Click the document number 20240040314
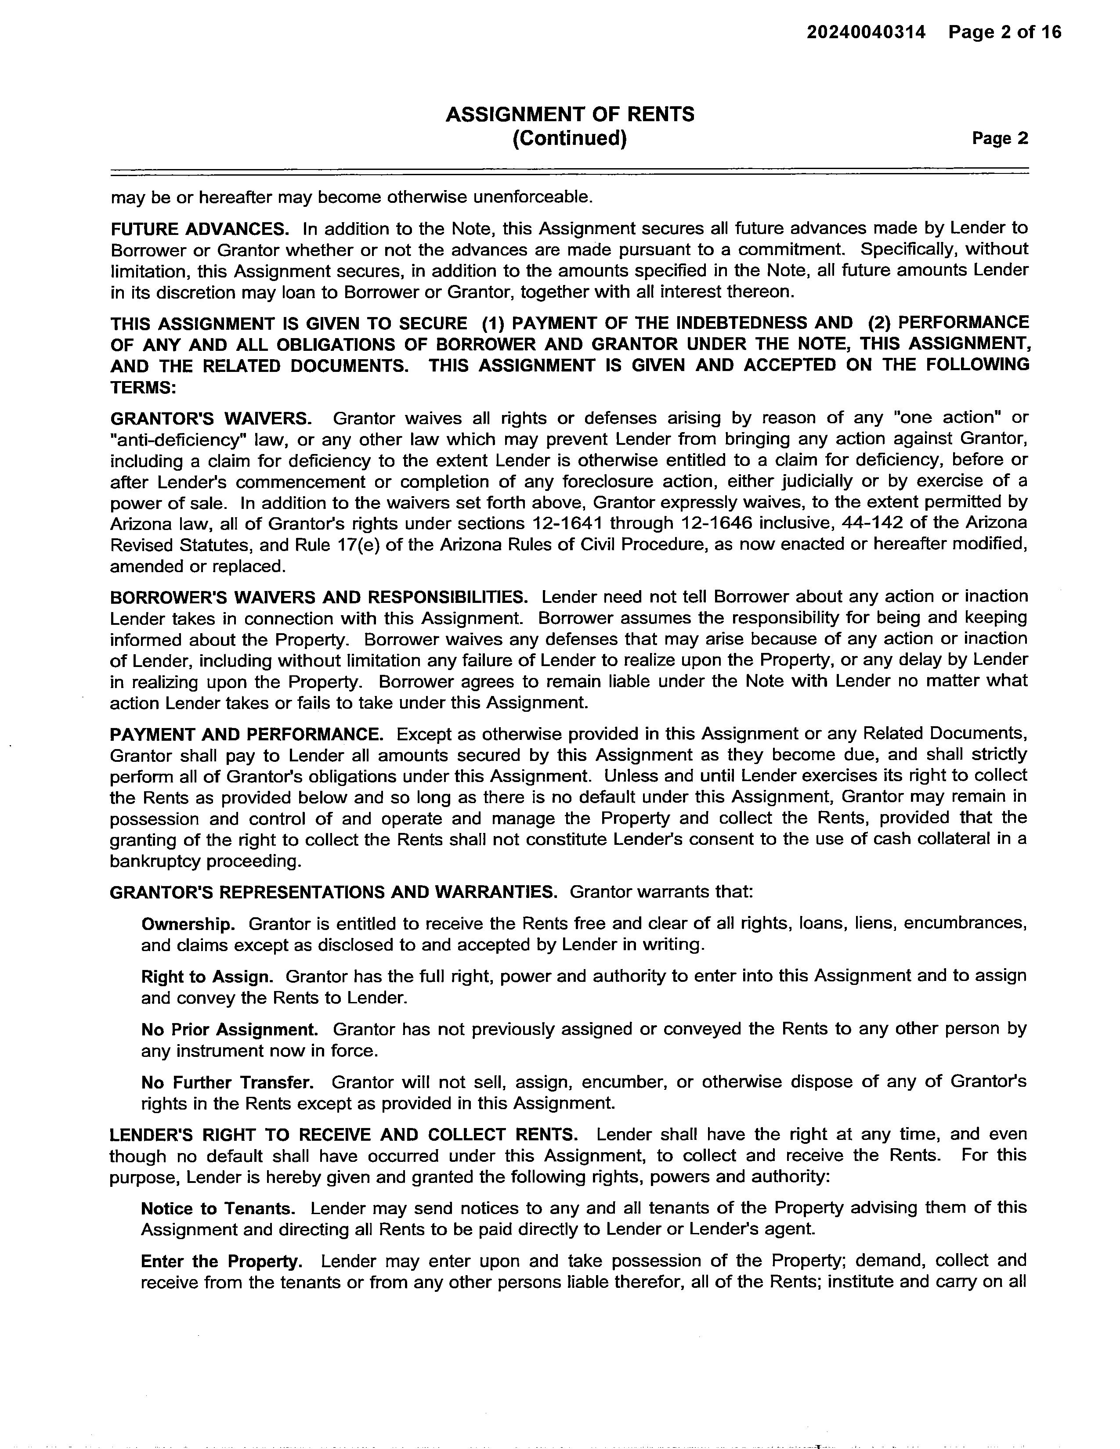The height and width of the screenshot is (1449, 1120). (865, 32)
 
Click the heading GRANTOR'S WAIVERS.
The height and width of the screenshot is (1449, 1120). (211, 418)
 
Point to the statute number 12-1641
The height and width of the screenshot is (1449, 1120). (568, 523)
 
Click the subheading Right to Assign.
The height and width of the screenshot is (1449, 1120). (207, 977)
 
